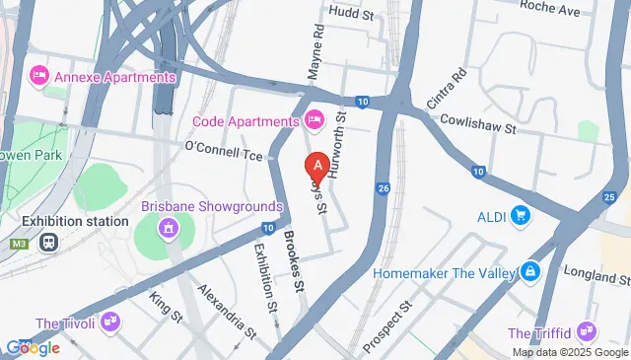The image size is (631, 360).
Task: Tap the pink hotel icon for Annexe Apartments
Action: point(39,75)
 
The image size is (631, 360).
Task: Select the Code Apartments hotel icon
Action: point(315,120)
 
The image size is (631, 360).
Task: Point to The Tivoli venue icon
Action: point(110,323)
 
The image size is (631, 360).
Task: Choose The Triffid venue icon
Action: point(588,331)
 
